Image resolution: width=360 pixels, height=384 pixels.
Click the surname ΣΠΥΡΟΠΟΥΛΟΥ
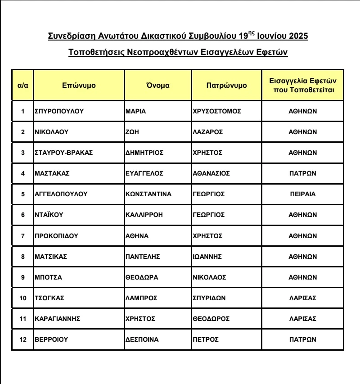coord(59,111)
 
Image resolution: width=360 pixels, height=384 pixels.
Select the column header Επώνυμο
coord(79,85)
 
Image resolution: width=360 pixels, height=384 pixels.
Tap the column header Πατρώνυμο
coord(226,85)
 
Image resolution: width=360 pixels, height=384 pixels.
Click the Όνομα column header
coord(158,85)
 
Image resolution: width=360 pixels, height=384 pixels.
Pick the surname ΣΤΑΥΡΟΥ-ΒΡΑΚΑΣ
coord(63,153)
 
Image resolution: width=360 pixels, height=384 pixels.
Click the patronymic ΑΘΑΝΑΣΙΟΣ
coord(211,173)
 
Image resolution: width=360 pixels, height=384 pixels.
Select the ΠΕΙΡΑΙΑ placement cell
coord(302,194)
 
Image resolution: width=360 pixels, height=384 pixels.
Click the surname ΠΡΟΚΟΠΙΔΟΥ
coord(56,235)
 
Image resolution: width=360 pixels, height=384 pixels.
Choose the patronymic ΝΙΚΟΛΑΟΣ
coord(209,277)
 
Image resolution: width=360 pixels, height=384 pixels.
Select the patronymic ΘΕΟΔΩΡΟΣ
coord(211,318)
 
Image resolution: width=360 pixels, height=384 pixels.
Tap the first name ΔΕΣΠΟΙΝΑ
coord(142,339)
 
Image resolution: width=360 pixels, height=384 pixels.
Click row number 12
coord(23,339)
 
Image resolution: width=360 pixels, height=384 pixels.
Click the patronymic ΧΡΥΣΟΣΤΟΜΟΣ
coord(217,111)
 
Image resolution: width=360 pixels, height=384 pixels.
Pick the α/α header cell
coord(23,85)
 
